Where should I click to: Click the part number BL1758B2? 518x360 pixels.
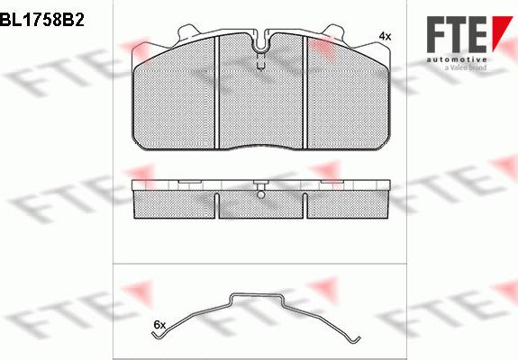coord(42,20)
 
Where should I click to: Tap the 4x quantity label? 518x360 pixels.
coord(385,36)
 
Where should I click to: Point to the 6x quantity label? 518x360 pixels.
coord(159,325)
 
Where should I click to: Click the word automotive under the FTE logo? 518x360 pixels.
coord(457,59)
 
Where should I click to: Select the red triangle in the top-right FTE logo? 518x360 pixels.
coord(500,31)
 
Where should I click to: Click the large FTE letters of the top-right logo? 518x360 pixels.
coord(456,34)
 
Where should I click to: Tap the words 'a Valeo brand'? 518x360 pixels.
coord(466,67)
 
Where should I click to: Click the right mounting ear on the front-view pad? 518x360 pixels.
coord(334,32)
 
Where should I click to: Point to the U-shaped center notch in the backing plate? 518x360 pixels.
coord(261,42)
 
